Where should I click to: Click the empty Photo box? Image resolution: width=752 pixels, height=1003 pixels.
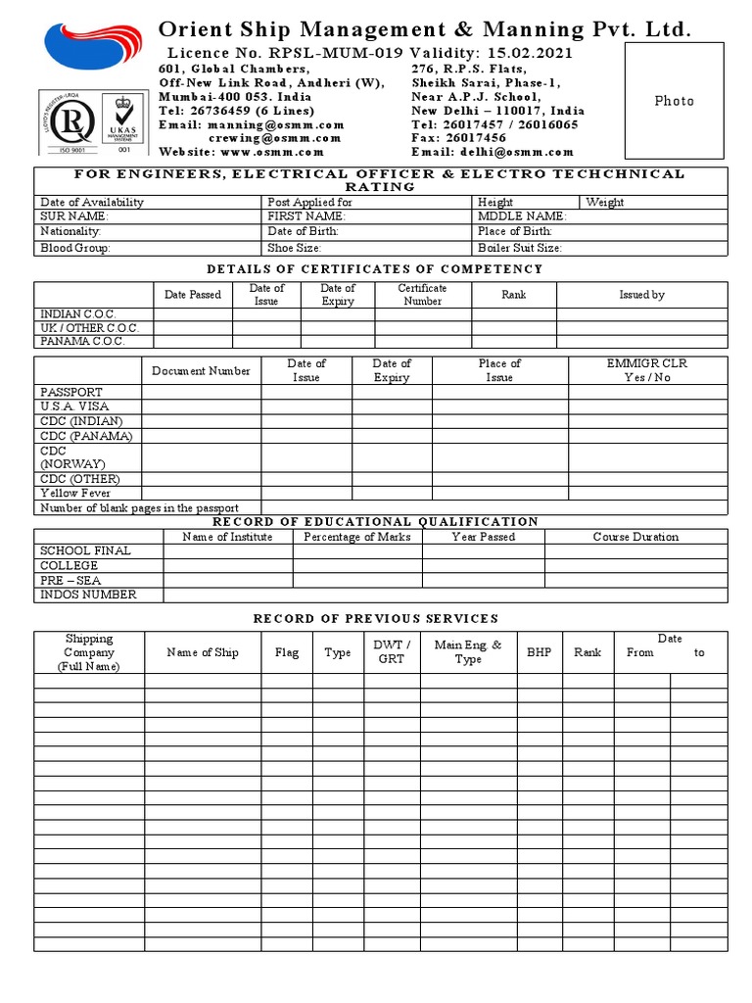point(674,102)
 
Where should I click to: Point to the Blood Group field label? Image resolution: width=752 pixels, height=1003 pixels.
point(75,248)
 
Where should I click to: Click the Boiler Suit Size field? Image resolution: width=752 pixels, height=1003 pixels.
point(520,248)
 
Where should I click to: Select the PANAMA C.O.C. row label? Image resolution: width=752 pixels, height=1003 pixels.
point(83,341)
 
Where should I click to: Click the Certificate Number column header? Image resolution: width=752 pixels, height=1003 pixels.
point(422,295)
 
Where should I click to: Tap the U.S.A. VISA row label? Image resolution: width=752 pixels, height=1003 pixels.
point(74,406)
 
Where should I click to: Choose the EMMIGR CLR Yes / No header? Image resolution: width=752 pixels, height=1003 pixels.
point(647,370)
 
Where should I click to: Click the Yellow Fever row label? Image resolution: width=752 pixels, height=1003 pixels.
point(75,493)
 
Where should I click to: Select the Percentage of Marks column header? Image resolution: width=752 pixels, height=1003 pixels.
point(357,537)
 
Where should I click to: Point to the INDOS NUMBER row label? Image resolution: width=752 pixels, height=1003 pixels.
point(88,595)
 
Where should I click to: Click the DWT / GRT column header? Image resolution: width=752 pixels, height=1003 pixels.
point(391,651)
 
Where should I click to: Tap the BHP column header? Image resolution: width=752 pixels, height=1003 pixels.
point(539,651)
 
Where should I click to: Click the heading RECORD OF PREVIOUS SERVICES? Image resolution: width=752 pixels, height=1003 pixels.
point(376,618)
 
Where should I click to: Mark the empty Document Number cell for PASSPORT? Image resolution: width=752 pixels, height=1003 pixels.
point(201,392)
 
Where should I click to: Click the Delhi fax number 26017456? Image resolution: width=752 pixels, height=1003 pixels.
point(476,138)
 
